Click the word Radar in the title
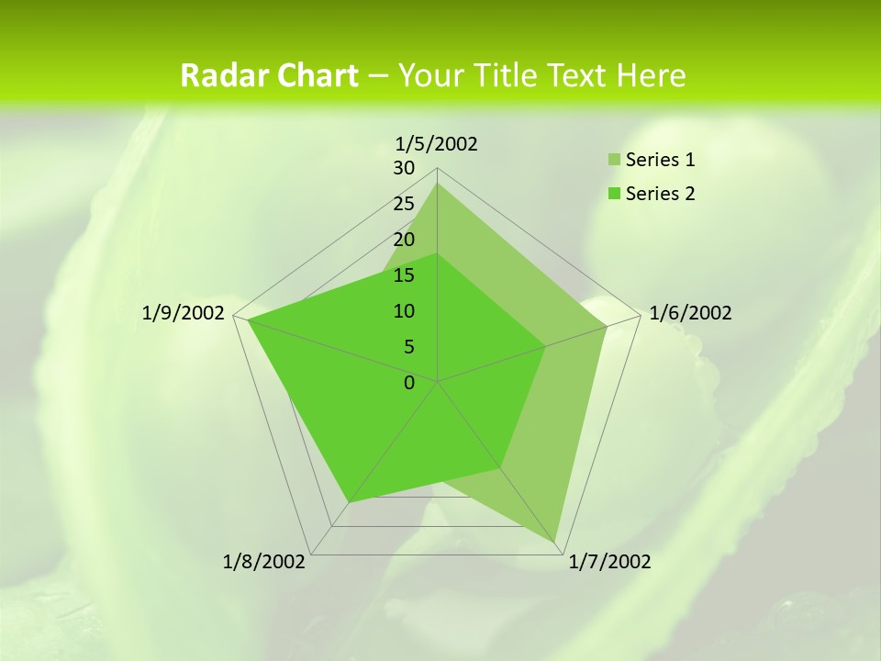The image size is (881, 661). (x=217, y=75)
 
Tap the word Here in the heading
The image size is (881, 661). (x=652, y=75)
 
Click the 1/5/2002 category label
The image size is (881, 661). (x=436, y=143)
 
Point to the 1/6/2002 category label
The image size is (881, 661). (x=690, y=313)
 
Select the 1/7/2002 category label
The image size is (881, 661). (x=609, y=562)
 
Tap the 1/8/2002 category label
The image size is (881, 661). (x=264, y=562)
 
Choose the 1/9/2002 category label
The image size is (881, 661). (x=184, y=313)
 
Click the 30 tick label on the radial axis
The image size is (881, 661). (x=404, y=168)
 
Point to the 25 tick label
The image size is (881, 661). (x=404, y=204)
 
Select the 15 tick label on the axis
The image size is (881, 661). (x=404, y=275)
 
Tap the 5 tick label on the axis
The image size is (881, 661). (x=409, y=347)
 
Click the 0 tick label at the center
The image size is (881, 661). (x=409, y=383)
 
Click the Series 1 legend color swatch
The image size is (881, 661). (x=613, y=161)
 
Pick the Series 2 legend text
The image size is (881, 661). (x=660, y=194)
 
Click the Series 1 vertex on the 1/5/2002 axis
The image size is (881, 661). (x=437, y=183)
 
